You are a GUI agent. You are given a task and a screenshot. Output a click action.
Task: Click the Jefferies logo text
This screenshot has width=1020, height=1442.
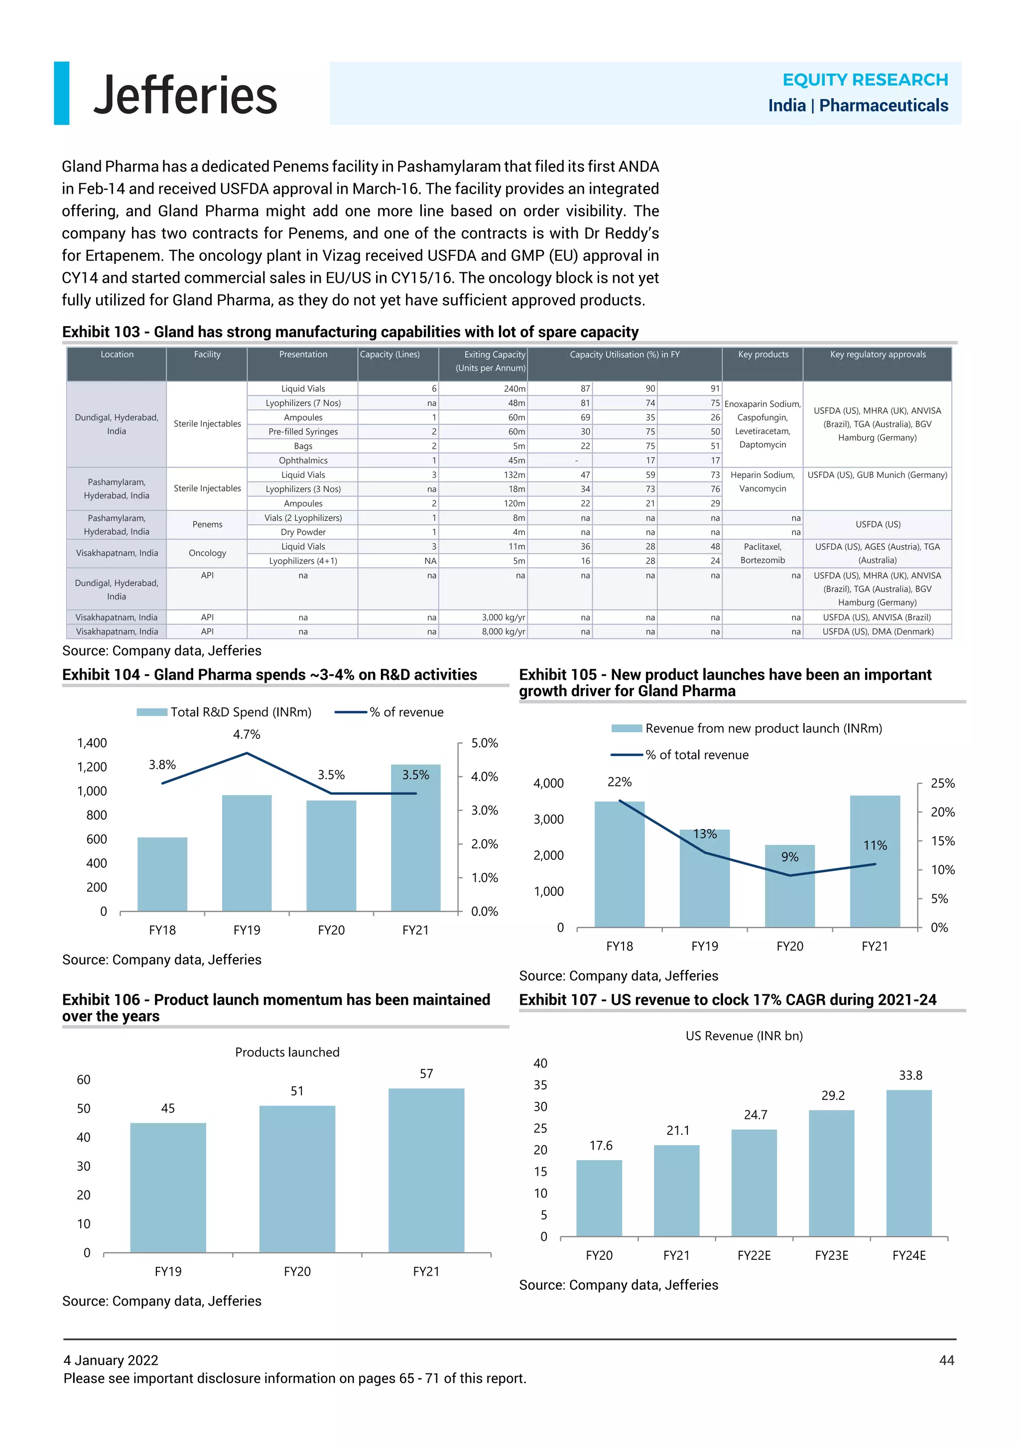pos(185,95)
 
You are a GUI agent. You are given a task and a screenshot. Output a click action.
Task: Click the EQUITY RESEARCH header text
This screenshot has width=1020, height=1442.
pos(865,80)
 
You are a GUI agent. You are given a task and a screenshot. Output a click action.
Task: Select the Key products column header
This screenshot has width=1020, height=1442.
pos(763,355)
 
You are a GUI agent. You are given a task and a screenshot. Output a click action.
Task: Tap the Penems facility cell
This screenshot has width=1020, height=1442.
pos(207,524)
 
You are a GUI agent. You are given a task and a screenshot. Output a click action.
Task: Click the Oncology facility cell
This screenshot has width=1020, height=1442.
pos(207,553)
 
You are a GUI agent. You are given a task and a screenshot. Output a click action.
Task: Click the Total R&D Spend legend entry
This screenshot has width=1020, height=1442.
pos(224,712)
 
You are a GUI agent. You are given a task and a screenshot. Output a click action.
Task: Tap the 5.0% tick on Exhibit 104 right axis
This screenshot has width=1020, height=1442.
pos(484,743)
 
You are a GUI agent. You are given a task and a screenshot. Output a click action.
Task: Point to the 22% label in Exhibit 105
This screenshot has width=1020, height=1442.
pos(619,782)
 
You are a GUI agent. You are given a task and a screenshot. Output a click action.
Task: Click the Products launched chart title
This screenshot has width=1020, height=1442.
pos(287,1052)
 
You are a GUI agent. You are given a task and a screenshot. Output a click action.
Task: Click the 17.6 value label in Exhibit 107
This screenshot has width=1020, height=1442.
pos(601,1146)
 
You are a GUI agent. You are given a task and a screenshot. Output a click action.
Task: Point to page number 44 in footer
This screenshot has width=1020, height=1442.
pos(946,1360)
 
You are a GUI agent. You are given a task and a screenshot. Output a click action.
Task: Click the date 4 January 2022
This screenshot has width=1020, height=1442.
pos(111,1360)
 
